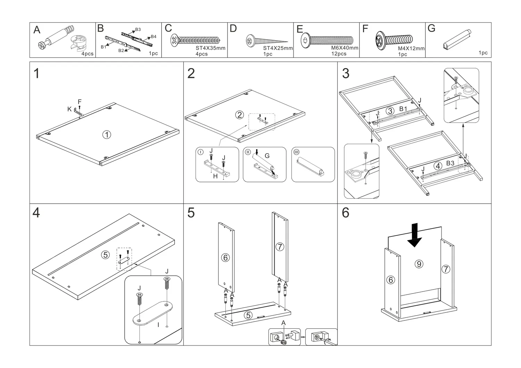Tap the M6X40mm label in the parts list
345,48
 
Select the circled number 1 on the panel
107,135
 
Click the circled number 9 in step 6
419,264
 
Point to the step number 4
36,212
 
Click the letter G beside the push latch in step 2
267,156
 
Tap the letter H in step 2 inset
215,176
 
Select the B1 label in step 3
403,109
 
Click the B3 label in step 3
450,163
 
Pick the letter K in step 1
69,109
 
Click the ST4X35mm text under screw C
210,48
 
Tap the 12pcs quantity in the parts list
339,54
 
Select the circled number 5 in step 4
105,255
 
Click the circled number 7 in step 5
280,247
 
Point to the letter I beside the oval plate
158,325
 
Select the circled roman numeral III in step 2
296,152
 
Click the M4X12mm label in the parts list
411,49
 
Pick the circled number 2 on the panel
240,115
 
